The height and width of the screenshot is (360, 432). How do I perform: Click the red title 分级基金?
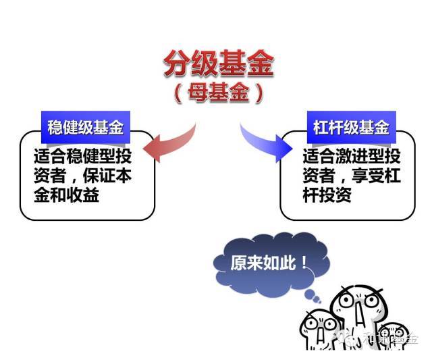[218, 65]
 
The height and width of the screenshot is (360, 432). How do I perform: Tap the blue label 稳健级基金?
[85, 126]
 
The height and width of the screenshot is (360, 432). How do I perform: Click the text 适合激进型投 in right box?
[351, 157]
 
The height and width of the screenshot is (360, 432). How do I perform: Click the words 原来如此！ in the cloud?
[269, 261]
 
